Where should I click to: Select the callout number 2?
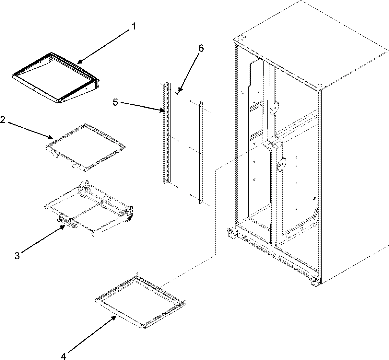click(x=3, y=120)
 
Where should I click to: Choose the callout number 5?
click(x=115, y=102)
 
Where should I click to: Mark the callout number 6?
click(x=201, y=49)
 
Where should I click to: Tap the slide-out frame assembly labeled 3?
click(x=91, y=207)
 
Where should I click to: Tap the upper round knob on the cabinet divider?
click(x=274, y=108)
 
